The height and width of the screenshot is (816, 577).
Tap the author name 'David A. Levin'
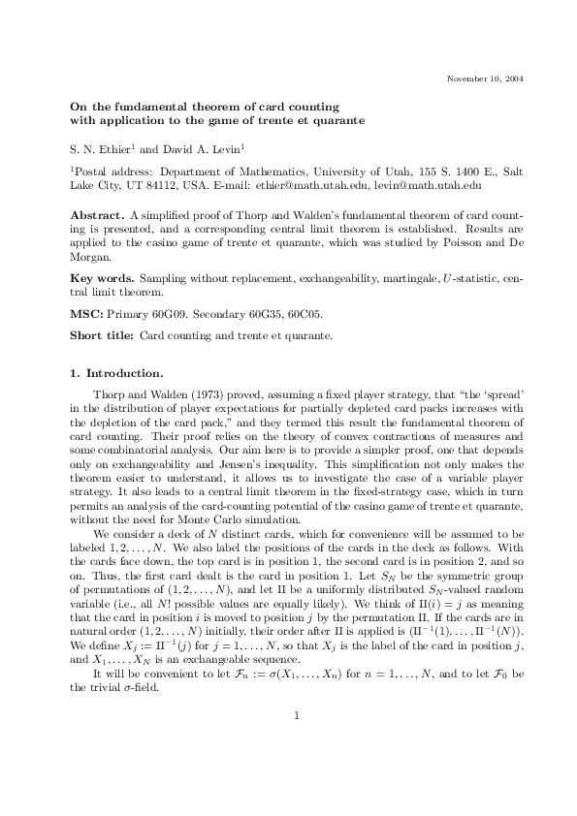pos(201,149)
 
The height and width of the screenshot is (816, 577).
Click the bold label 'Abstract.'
pos(97,213)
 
